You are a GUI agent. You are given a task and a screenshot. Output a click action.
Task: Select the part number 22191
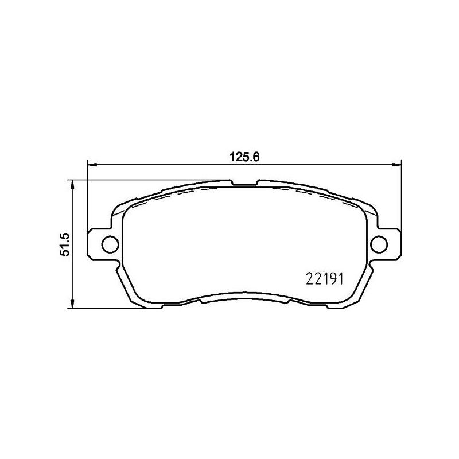322,279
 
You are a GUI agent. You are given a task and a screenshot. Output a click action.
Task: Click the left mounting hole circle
108,244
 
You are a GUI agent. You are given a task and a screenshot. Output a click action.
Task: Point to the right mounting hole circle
378,244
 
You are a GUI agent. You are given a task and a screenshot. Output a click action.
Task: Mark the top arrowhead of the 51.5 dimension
72,184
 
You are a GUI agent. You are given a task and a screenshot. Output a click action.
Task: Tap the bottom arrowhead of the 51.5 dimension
72,304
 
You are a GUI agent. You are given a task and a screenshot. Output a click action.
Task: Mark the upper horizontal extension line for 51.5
143,180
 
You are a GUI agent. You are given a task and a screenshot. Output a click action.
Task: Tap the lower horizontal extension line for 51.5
115,308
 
